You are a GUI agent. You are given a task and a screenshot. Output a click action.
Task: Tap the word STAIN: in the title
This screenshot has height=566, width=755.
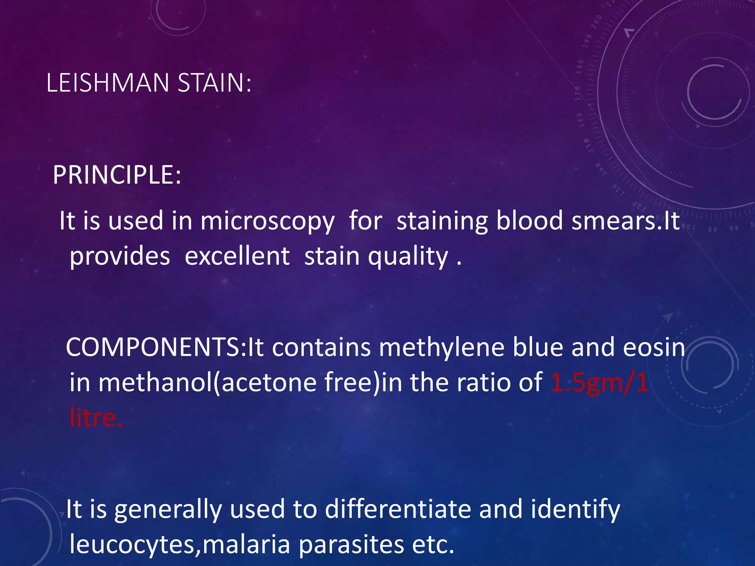coord(214,83)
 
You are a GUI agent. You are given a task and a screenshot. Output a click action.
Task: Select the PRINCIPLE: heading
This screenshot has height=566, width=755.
coord(117,175)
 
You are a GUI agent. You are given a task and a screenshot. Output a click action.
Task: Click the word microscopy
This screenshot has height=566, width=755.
coord(267,221)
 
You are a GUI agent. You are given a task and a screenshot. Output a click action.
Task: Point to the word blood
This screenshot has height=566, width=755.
coord(529,221)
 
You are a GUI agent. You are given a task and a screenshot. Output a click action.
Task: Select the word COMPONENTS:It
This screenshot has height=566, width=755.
coord(165,347)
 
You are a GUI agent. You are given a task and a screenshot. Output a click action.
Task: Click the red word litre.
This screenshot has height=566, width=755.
coord(96,418)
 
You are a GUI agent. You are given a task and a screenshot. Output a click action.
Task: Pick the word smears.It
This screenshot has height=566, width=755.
coord(625,221)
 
